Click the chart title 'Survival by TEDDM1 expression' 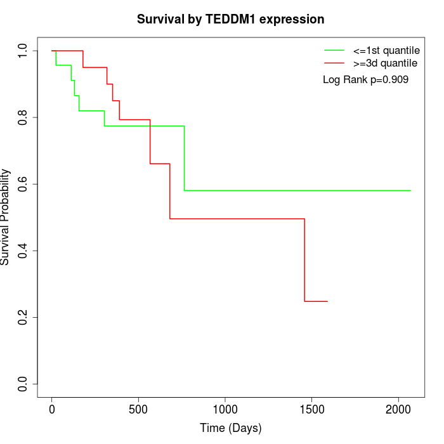tap(230, 19)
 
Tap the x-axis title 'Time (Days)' tap(230, 428)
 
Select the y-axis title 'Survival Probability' tap(6, 217)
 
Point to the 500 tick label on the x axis tap(138, 410)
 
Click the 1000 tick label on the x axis tap(225, 410)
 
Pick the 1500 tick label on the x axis tap(311, 410)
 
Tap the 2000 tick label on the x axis tap(398, 410)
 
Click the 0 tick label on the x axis tap(52, 410)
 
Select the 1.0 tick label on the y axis tap(23, 51)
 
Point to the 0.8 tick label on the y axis tap(23, 117)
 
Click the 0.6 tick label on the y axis tap(23, 184)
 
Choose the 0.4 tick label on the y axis tap(23, 251)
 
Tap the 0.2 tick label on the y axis tap(23, 317)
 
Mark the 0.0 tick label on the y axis tap(23, 384)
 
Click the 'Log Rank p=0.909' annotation tap(365, 80)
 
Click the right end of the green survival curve tap(410, 190)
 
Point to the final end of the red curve tap(327, 301)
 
